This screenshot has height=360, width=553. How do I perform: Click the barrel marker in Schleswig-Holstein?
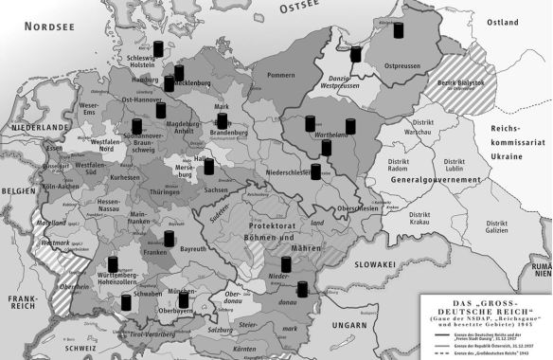(158, 49)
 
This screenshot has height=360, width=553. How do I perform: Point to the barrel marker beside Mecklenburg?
(178, 73)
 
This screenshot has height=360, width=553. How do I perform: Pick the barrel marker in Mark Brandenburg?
(223, 121)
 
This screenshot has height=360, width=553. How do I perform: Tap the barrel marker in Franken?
(169, 239)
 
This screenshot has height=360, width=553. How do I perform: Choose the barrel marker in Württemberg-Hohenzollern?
(112, 262)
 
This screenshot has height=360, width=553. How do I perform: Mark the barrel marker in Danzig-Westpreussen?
(356, 55)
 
